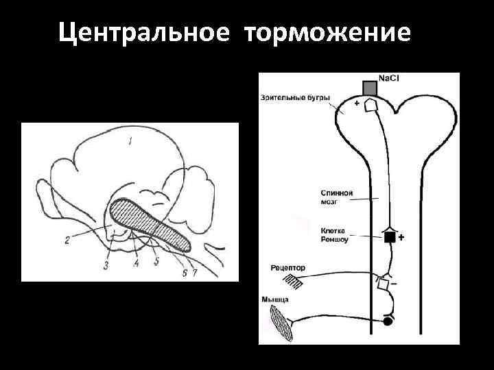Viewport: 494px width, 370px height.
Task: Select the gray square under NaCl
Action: click(370, 88)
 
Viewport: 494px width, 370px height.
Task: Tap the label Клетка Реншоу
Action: click(336, 235)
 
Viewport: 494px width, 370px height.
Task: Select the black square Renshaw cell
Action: click(390, 238)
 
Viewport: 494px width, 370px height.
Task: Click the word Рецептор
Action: click(288, 268)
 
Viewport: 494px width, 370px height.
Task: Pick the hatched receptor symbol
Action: click(293, 280)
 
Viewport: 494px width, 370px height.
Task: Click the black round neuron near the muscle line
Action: click(388, 321)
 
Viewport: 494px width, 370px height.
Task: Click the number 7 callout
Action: click(195, 272)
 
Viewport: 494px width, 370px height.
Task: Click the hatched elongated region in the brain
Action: click(154, 223)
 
